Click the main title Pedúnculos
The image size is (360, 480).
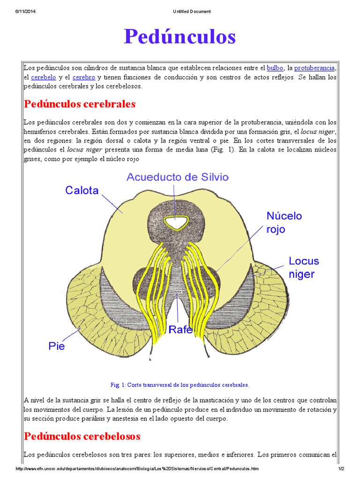tap(180, 37)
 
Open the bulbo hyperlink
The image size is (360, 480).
tap(275, 68)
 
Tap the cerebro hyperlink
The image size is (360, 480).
tap(84, 77)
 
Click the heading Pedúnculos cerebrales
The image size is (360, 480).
tap(80, 104)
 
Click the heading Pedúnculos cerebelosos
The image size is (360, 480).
tap(82, 436)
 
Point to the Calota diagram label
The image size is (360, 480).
tap(82, 190)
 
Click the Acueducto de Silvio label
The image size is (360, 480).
tap(177, 177)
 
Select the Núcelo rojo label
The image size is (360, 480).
tap(284, 223)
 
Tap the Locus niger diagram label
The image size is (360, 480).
tap(303, 267)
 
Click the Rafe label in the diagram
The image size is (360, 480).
tap(181, 329)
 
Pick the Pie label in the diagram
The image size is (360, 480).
tap(57, 346)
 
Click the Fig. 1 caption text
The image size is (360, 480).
tap(180, 385)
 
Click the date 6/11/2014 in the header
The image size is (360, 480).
tap(26, 11)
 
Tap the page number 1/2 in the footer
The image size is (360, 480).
tap(341, 469)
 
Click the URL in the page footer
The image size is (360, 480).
tap(137, 469)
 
